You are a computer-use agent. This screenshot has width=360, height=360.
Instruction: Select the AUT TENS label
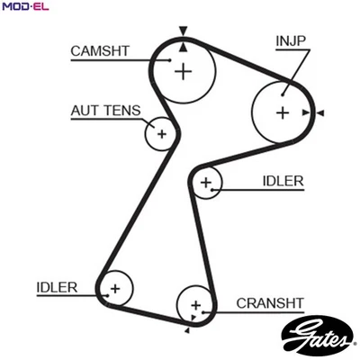pos(105,111)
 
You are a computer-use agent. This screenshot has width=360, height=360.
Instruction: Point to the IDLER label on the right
pos(283,181)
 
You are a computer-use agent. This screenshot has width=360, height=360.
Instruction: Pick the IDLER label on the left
pos(57,288)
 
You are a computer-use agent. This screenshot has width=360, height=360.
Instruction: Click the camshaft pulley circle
pos(184,70)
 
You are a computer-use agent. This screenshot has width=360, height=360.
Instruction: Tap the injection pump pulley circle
pos(282,112)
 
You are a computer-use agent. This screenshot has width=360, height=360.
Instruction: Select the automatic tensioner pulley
pos(161,134)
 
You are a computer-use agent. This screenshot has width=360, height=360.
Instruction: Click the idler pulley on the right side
pos(207,184)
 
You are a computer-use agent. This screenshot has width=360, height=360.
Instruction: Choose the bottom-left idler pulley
pos(114,289)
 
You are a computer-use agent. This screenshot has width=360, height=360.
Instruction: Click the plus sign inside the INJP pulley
pos(282,112)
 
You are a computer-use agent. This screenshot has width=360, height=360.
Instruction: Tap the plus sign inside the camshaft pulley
pos(184,70)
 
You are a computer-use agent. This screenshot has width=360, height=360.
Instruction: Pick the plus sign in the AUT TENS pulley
pos(161,134)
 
